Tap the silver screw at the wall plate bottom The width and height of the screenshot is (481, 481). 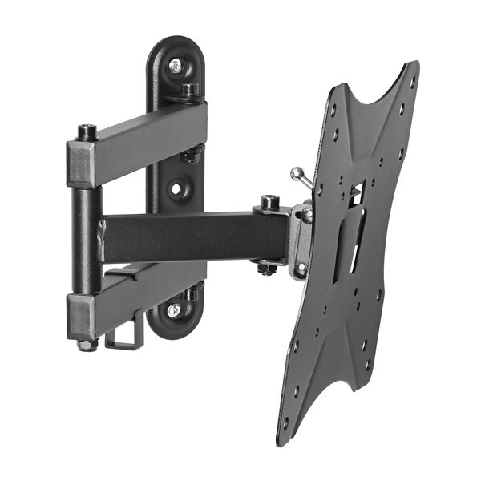click(x=174, y=309)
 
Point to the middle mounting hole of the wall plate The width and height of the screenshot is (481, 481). click(x=176, y=191)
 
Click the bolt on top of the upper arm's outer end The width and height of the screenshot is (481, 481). click(x=87, y=131)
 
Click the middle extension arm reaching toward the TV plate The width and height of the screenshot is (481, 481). click(x=192, y=236)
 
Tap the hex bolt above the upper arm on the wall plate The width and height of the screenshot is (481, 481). click(x=191, y=89)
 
